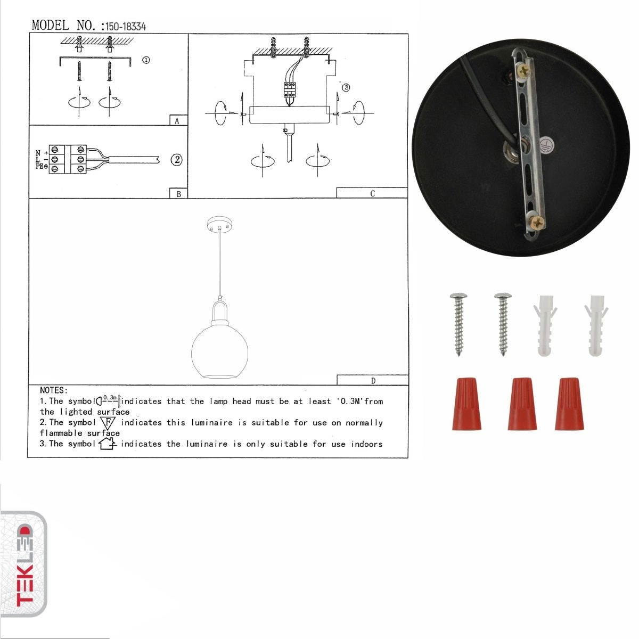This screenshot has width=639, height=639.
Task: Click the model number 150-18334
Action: pos(126,27)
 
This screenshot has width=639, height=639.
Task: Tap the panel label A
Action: pos(177,121)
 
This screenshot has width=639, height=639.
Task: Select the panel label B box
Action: pos(178,194)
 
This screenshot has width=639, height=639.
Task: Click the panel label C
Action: pos(372,193)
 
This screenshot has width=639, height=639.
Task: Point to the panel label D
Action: pos(373,380)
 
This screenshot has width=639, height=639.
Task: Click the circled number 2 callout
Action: pos(176,159)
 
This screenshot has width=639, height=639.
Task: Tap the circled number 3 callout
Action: pos(346,88)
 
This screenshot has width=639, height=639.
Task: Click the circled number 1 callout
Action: pos(145,60)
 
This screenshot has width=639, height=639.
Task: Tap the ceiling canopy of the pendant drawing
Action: pos(220,224)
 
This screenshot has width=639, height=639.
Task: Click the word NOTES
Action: pos(54,390)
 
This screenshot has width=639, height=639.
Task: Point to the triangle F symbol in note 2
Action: pos(108,423)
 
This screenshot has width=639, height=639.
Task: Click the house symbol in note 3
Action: pos(107,444)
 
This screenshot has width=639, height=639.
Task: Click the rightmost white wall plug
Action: pos(594,324)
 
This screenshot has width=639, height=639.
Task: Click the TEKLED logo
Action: pos(23,564)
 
